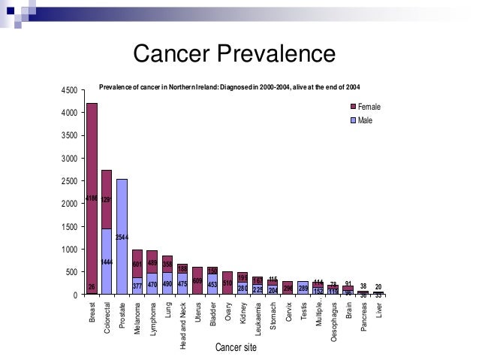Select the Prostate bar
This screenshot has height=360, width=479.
click(122, 236)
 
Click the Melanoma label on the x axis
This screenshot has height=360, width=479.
click(137, 316)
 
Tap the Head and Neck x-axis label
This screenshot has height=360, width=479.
click(183, 323)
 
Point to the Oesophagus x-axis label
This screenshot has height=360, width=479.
click(333, 321)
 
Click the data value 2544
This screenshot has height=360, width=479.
click(122, 237)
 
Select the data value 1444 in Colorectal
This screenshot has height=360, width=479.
click(107, 262)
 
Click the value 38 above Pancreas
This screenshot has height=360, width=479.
click(363, 286)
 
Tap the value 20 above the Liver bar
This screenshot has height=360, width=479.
click(378, 286)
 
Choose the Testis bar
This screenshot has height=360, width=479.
click(303, 287)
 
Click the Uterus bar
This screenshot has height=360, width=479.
click(197, 280)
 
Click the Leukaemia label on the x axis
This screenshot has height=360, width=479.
click(258, 316)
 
